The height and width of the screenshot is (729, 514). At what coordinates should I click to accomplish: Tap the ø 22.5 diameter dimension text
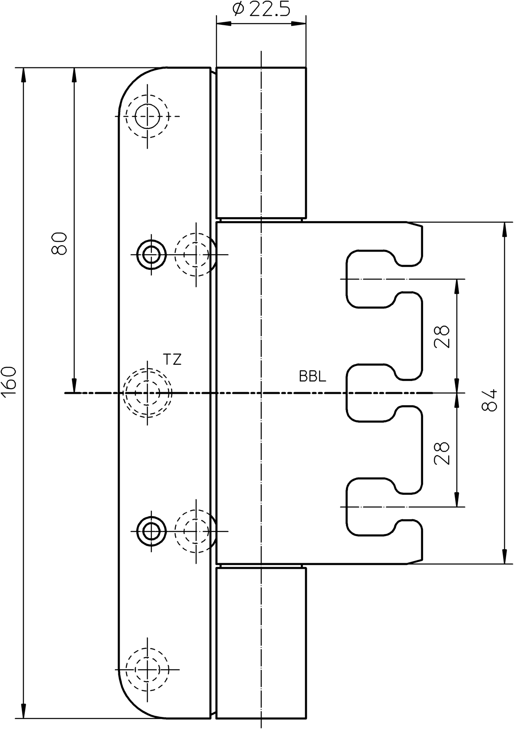[261, 9]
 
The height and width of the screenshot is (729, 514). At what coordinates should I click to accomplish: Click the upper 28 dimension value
[442, 336]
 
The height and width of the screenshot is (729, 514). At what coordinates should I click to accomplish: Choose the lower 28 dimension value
[442, 453]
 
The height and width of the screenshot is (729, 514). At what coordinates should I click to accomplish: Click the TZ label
[172, 360]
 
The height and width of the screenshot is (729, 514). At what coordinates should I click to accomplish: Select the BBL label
[312, 376]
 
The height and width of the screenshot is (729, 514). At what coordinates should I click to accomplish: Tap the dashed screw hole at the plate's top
[148, 116]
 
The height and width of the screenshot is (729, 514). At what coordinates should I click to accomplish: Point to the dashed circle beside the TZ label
[148, 393]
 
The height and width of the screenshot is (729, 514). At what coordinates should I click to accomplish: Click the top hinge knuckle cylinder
[261, 142]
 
